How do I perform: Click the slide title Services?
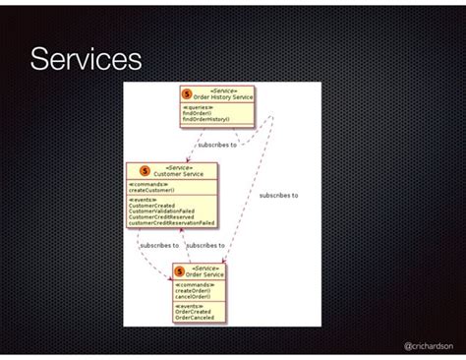click(x=86, y=62)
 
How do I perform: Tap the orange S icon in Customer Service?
click(x=144, y=170)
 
